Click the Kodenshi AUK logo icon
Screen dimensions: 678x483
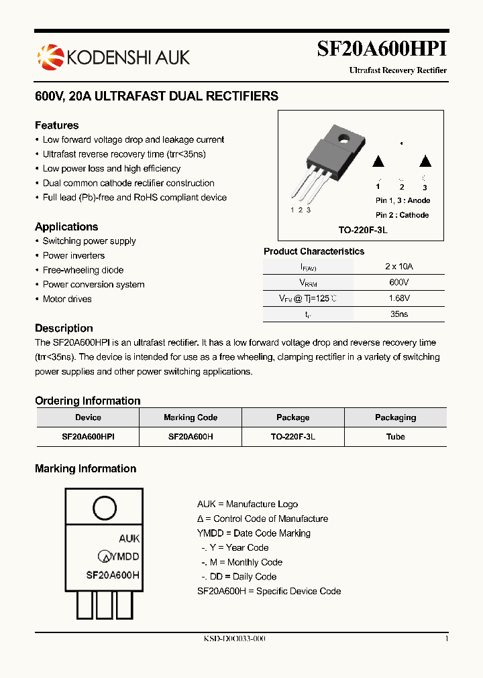click(49, 56)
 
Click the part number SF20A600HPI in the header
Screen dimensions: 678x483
click(381, 50)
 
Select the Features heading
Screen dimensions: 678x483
click(56, 125)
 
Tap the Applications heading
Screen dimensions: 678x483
click(66, 226)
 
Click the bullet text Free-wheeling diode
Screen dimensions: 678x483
click(83, 270)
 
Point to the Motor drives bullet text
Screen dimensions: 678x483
click(67, 299)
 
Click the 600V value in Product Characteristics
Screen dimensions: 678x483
click(398, 283)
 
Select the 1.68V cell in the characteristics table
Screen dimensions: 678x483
click(398, 298)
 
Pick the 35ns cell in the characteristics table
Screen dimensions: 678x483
click(398, 314)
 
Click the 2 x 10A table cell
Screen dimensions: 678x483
click(398, 266)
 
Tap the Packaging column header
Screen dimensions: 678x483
click(395, 417)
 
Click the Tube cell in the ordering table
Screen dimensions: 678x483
click(395, 436)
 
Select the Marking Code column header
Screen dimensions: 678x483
click(191, 417)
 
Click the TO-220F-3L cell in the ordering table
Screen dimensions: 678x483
click(293, 436)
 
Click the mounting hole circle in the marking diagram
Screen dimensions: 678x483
click(105, 507)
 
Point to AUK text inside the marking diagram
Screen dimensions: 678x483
click(129, 539)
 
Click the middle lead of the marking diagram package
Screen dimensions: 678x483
click(105, 604)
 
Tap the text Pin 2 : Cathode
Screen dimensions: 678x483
click(402, 215)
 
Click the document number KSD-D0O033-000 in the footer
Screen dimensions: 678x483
click(235, 639)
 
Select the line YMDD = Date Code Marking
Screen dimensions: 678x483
click(254, 533)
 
